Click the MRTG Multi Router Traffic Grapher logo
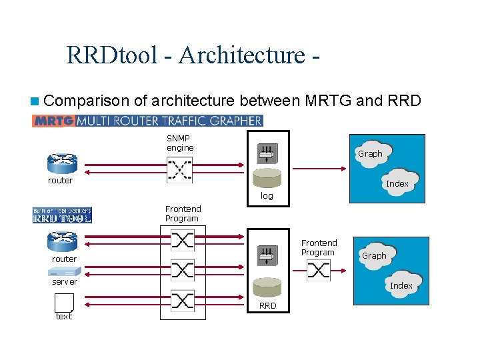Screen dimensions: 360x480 (x=147, y=121)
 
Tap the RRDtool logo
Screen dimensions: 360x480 (x=62, y=215)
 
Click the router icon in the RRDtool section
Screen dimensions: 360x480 (x=63, y=241)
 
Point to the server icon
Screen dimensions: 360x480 (x=65, y=271)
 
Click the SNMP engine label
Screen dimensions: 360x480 (x=180, y=143)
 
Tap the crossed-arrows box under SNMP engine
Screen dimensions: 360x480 (x=179, y=170)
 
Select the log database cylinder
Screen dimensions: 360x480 (x=266, y=179)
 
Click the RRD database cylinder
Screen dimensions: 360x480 (x=266, y=289)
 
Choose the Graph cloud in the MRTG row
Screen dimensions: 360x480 (x=370, y=154)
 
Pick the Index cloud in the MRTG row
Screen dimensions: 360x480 (x=397, y=183)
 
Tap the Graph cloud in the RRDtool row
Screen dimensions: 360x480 (x=374, y=256)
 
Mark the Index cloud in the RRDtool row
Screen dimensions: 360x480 (x=401, y=285)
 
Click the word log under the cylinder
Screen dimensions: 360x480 (x=267, y=196)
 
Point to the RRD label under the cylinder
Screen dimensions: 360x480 (x=267, y=306)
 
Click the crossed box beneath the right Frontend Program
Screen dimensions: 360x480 (x=319, y=270)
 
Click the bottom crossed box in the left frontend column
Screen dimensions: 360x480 (x=183, y=301)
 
